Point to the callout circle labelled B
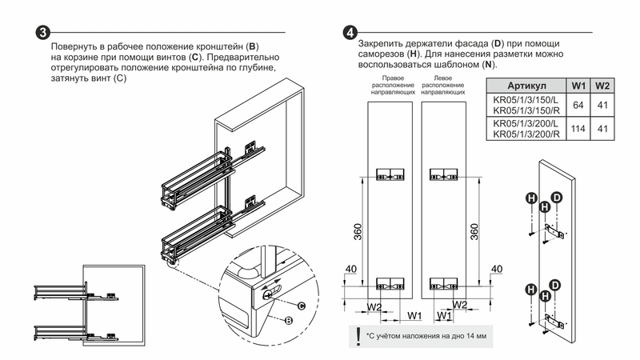[286, 320]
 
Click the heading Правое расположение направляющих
[386, 86]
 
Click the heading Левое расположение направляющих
[443, 86]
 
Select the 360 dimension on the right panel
[474, 232]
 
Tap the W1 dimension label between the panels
[414, 315]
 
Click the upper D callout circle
[557, 198]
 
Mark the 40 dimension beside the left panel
[350, 269]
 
